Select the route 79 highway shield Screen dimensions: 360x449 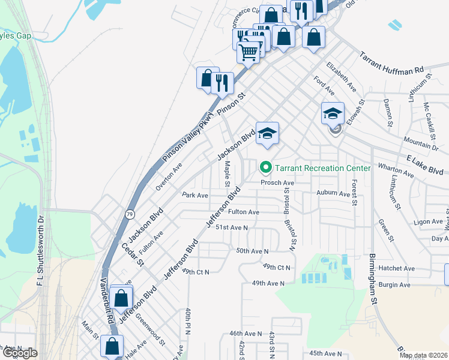[x=130, y=214]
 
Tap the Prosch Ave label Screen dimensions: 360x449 [x=277, y=182]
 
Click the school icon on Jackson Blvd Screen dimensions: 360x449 [x=268, y=133]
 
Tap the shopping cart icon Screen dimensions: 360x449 [x=249, y=52]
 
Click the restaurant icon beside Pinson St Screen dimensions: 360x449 [x=223, y=82]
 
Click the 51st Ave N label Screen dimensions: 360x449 [x=232, y=227]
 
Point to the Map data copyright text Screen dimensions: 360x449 [x=423, y=355]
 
